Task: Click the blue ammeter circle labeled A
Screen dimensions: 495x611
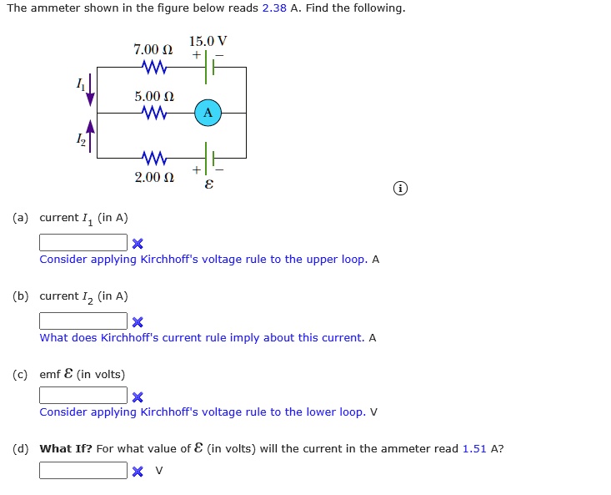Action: click(x=208, y=113)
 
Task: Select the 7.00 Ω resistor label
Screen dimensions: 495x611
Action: click(x=153, y=50)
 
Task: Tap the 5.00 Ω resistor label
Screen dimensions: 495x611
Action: click(x=154, y=96)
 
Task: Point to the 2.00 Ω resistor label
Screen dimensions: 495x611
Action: click(x=154, y=178)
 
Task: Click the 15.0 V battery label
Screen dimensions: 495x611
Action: click(x=208, y=41)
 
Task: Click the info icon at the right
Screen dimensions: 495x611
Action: click(x=401, y=189)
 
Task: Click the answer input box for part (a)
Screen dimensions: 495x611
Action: click(x=83, y=243)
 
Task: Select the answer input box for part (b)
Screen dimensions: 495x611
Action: click(x=83, y=321)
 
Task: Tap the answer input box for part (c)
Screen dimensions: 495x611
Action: click(x=83, y=396)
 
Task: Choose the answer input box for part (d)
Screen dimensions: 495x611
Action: click(x=83, y=470)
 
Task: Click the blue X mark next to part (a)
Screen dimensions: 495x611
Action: click(x=138, y=244)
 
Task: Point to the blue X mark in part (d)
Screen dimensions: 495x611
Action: click(x=138, y=471)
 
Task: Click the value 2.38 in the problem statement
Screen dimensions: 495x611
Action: click(x=274, y=8)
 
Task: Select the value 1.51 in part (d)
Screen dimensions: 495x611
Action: click(x=475, y=449)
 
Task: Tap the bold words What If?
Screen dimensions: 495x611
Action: click(x=66, y=449)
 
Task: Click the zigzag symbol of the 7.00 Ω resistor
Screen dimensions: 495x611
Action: click(x=154, y=67)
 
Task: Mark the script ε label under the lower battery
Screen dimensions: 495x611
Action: click(x=208, y=184)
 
